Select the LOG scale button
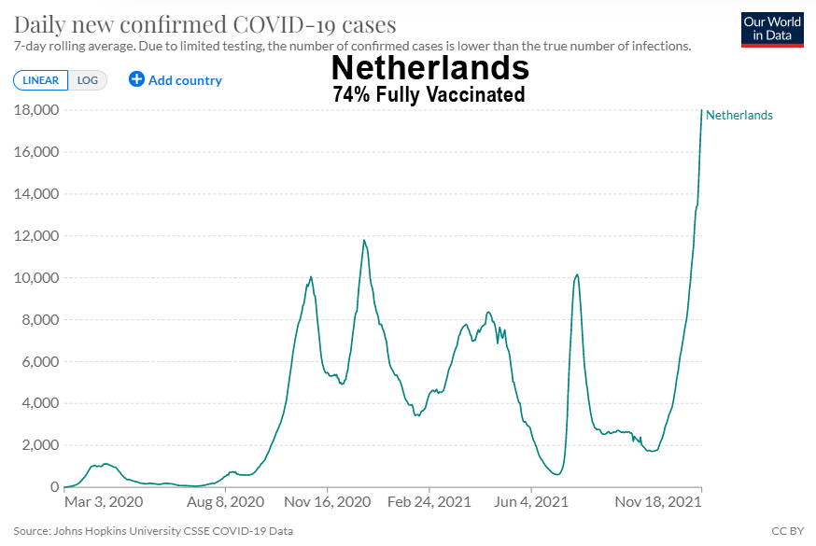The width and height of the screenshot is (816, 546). [88, 80]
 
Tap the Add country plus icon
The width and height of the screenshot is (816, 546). [136, 79]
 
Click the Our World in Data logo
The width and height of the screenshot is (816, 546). [772, 29]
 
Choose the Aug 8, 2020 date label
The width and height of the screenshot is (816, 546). [226, 502]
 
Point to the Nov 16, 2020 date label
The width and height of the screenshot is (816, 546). [328, 502]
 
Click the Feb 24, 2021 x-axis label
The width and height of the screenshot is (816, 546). [429, 502]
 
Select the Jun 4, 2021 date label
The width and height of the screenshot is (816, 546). [530, 502]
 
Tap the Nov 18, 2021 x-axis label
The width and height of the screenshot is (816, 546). [657, 502]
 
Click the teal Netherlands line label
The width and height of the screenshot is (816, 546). [739, 115]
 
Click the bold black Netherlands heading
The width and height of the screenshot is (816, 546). [429, 68]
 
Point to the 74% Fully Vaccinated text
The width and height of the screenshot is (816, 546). [429, 94]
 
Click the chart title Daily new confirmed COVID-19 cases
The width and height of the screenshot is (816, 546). [205, 24]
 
